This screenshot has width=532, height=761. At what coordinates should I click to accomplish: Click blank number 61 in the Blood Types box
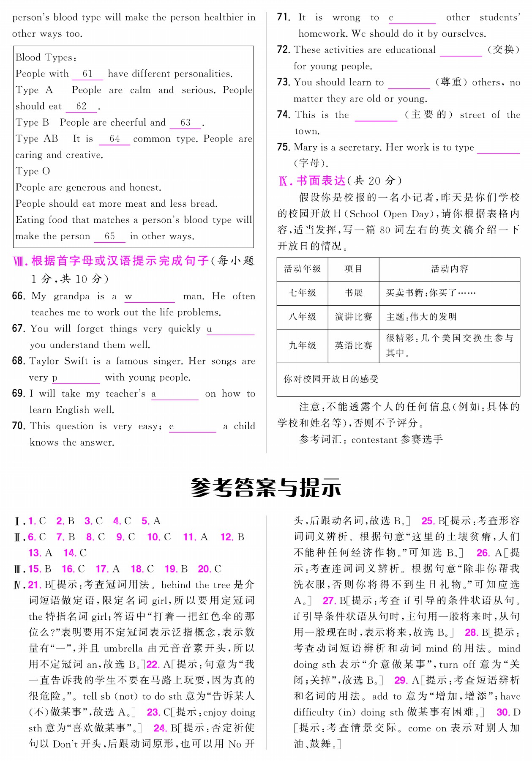(x=87, y=74)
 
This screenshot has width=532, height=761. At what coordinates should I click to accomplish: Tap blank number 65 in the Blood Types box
(x=109, y=236)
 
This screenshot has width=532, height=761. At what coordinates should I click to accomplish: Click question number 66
(x=19, y=296)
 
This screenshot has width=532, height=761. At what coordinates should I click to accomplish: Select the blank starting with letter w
(x=150, y=298)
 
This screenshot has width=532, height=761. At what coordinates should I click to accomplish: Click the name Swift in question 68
(x=76, y=361)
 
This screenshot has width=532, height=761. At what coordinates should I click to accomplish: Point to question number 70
(x=19, y=426)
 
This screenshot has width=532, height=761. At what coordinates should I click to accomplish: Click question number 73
(x=284, y=82)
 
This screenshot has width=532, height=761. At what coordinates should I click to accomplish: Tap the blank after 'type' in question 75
(x=498, y=148)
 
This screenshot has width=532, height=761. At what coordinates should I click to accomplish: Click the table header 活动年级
(x=302, y=269)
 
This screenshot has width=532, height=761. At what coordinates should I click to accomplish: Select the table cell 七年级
(x=302, y=293)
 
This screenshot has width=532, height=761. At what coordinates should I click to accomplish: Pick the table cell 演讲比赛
(x=353, y=317)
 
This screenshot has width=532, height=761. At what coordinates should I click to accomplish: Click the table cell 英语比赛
(x=353, y=345)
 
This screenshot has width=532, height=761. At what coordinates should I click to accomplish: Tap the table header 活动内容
(x=449, y=269)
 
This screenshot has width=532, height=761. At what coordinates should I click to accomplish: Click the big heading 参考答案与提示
(x=266, y=487)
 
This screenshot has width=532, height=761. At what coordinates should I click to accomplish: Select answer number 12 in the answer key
(x=226, y=537)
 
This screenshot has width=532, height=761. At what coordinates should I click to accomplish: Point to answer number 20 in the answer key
(x=204, y=569)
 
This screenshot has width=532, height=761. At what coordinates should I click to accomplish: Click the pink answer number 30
(x=503, y=712)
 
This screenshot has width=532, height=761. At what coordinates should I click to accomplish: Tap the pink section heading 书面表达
(x=321, y=181)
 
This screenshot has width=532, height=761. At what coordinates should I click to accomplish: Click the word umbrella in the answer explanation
(x=123, y=649)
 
